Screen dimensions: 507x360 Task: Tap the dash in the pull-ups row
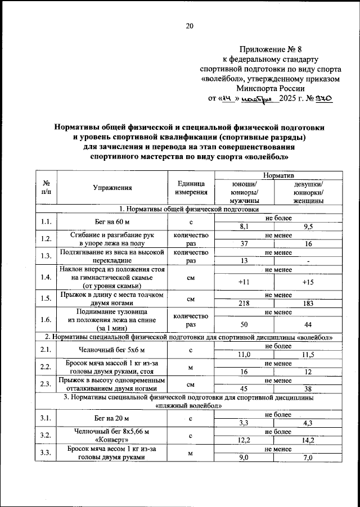pyautogui.click(x=309, y=261)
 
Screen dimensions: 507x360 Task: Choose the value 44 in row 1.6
pyautogui.click(x=309, y=325)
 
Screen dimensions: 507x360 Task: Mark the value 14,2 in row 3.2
pyautogui.click(x=309, y=440)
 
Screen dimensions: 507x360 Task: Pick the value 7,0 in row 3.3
pyautogui.click(x=309, y=458)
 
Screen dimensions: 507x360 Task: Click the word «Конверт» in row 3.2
pyautogui.click(x=112, y=441)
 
